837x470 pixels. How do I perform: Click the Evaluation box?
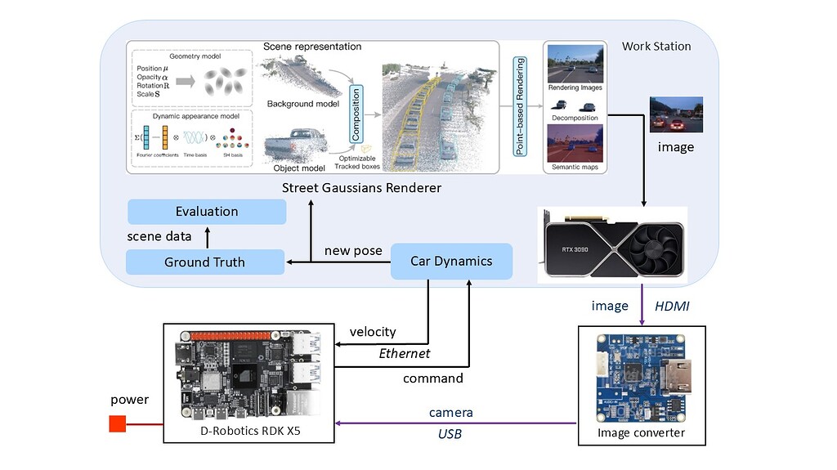(x=207, y=212)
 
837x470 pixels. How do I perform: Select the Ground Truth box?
(x=204, y=262)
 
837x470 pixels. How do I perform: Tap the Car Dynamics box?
(x=451, y=262)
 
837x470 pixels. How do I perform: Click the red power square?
(x=118, y=423)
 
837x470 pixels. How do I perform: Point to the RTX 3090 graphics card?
(x=612, y=244)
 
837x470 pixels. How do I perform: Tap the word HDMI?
(x=672, y=305)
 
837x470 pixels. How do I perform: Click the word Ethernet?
(x=404, y=353)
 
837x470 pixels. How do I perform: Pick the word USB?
(x=450, y=433)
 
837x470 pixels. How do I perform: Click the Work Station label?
(x=656, y=47)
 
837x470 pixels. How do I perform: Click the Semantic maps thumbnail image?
(x=575, y=142)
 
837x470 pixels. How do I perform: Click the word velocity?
(x=373, y=332)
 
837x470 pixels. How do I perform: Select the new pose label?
(x=353, y=250)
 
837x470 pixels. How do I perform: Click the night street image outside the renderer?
(x=675, y=115)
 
